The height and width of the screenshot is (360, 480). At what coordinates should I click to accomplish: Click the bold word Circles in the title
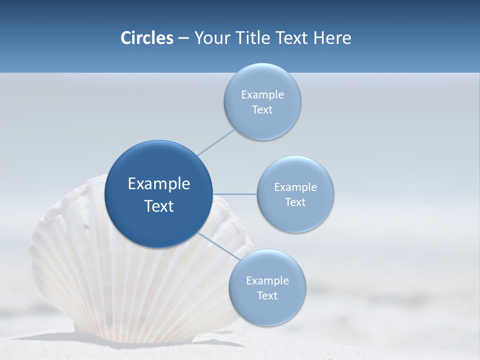[146, 38]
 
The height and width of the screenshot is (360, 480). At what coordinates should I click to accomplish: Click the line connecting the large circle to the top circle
[216, 141]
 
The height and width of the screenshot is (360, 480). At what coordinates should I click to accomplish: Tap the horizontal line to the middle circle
[234, 194]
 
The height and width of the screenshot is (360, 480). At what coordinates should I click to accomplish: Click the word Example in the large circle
[159, 184]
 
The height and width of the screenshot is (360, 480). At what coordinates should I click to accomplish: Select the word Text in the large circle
[159, 206]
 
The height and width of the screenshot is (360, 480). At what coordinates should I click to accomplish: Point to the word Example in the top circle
[262, 94]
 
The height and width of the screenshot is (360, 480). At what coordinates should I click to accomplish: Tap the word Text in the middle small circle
[295, 202]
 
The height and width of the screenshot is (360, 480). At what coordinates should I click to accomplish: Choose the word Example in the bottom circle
[267, 280]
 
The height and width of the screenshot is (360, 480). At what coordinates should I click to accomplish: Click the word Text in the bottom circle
[267, 296]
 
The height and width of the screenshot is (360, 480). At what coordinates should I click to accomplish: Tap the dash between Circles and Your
[183, 38]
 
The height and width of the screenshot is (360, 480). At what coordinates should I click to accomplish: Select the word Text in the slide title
[292, 38]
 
